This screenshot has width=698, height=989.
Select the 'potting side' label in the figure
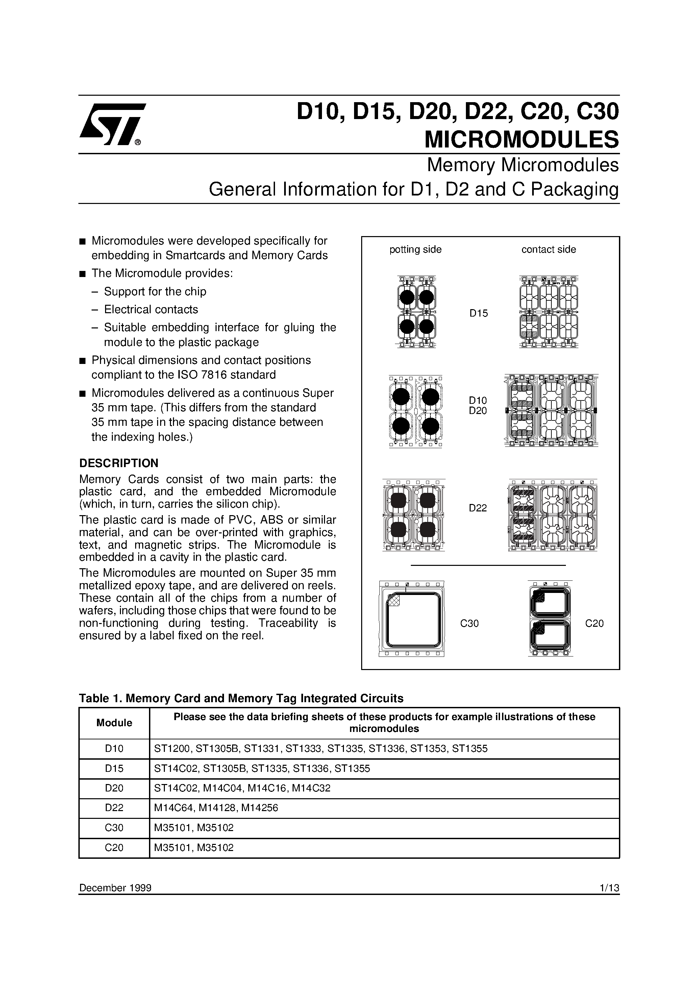point(415,249)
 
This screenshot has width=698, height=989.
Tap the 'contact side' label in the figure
point(548,249)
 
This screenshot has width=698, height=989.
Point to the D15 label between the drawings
point(478,314)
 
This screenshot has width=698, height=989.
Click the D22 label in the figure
point(478,508)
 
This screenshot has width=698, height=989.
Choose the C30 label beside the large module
point(469,623)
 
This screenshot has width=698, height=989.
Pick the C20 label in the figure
point(594,623)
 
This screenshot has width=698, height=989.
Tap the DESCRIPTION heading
point(119,463)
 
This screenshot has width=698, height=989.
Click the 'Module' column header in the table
point(114,723)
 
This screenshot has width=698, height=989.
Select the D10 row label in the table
point(114,749)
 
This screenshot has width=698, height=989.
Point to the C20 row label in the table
point(114,848)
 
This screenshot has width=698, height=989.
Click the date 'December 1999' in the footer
point(115,888)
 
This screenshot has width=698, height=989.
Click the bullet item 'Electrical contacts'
point(151,309)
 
